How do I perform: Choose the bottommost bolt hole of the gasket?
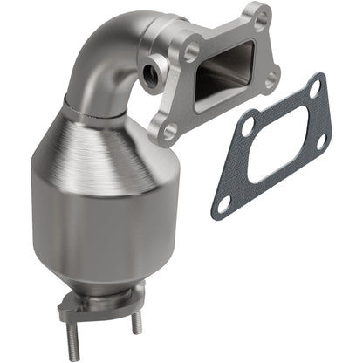coord(224,204)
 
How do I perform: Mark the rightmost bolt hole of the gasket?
coord(320,140)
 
